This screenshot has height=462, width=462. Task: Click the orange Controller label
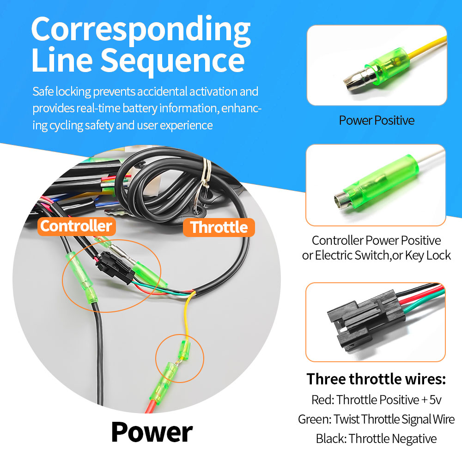[x=77, y=226]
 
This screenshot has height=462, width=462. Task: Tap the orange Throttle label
[x=219, y=227]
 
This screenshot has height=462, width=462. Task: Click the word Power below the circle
[x=152, y=432]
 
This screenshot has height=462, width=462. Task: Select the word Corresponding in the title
[x=141, y=30]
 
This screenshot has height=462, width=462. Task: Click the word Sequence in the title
[x=173, y=61]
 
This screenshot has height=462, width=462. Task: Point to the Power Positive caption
[x=377, y=121]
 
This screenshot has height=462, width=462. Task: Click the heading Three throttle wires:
[x=376, y=379]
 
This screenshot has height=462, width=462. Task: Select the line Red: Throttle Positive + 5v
[x=376, y=400]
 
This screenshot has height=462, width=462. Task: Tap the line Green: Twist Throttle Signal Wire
[x=376, y=419]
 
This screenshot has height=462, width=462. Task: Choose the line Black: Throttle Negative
[x=376, y=439]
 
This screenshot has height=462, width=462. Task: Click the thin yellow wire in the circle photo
[x=187, y=315]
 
